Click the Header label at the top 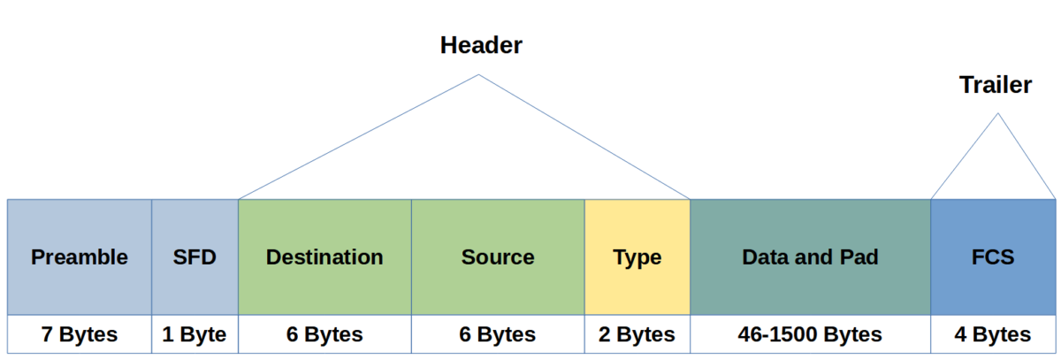coord(481,45)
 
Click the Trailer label coord(996,85)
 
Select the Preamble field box coord(80,257)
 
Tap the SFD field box coord(195,257)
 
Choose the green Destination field coord(324,257)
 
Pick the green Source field coord(498,257)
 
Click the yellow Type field coord(637,257)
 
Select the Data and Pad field coord(810,257)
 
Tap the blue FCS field coord(992,257)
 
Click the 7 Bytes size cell coord(80,335)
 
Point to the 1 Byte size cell coord(195,335)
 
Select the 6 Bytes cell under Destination coord(324,335)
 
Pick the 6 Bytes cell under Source coord(498,335)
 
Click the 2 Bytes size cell coord(637,335)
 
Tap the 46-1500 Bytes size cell coord(810,335)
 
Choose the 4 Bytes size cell coord(992,335)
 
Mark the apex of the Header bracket coord(478,75)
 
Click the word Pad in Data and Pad coord(860,257)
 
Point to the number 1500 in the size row coord(805,335)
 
